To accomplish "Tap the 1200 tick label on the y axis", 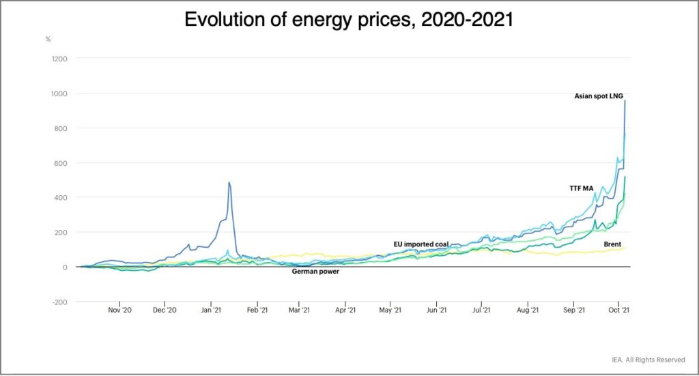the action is coord(59,59).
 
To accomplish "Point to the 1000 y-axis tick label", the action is coord(59,93).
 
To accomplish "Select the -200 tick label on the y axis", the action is coord(60,302).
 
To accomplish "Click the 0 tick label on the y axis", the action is coord(65,267).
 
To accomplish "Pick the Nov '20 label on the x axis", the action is coord(120,310).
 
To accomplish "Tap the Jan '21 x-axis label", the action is coord(211,310).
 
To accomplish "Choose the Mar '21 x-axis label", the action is coord(299,310).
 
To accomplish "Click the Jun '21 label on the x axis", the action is coord(436,310).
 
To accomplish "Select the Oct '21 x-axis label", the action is coord(618,310).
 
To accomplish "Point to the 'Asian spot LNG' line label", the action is coord(599,96).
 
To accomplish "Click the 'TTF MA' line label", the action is coord(582,188).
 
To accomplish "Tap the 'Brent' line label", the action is coord(612,244).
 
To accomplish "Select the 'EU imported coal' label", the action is coord(421,244).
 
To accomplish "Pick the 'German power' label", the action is coord(315,272).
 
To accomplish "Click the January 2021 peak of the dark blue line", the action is coord(229,182).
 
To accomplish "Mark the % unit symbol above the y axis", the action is coord(48,39).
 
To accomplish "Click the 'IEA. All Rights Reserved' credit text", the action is coord(648,360).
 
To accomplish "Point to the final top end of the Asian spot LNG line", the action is coord(625,101).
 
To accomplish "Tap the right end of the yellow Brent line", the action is coord(625,248).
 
